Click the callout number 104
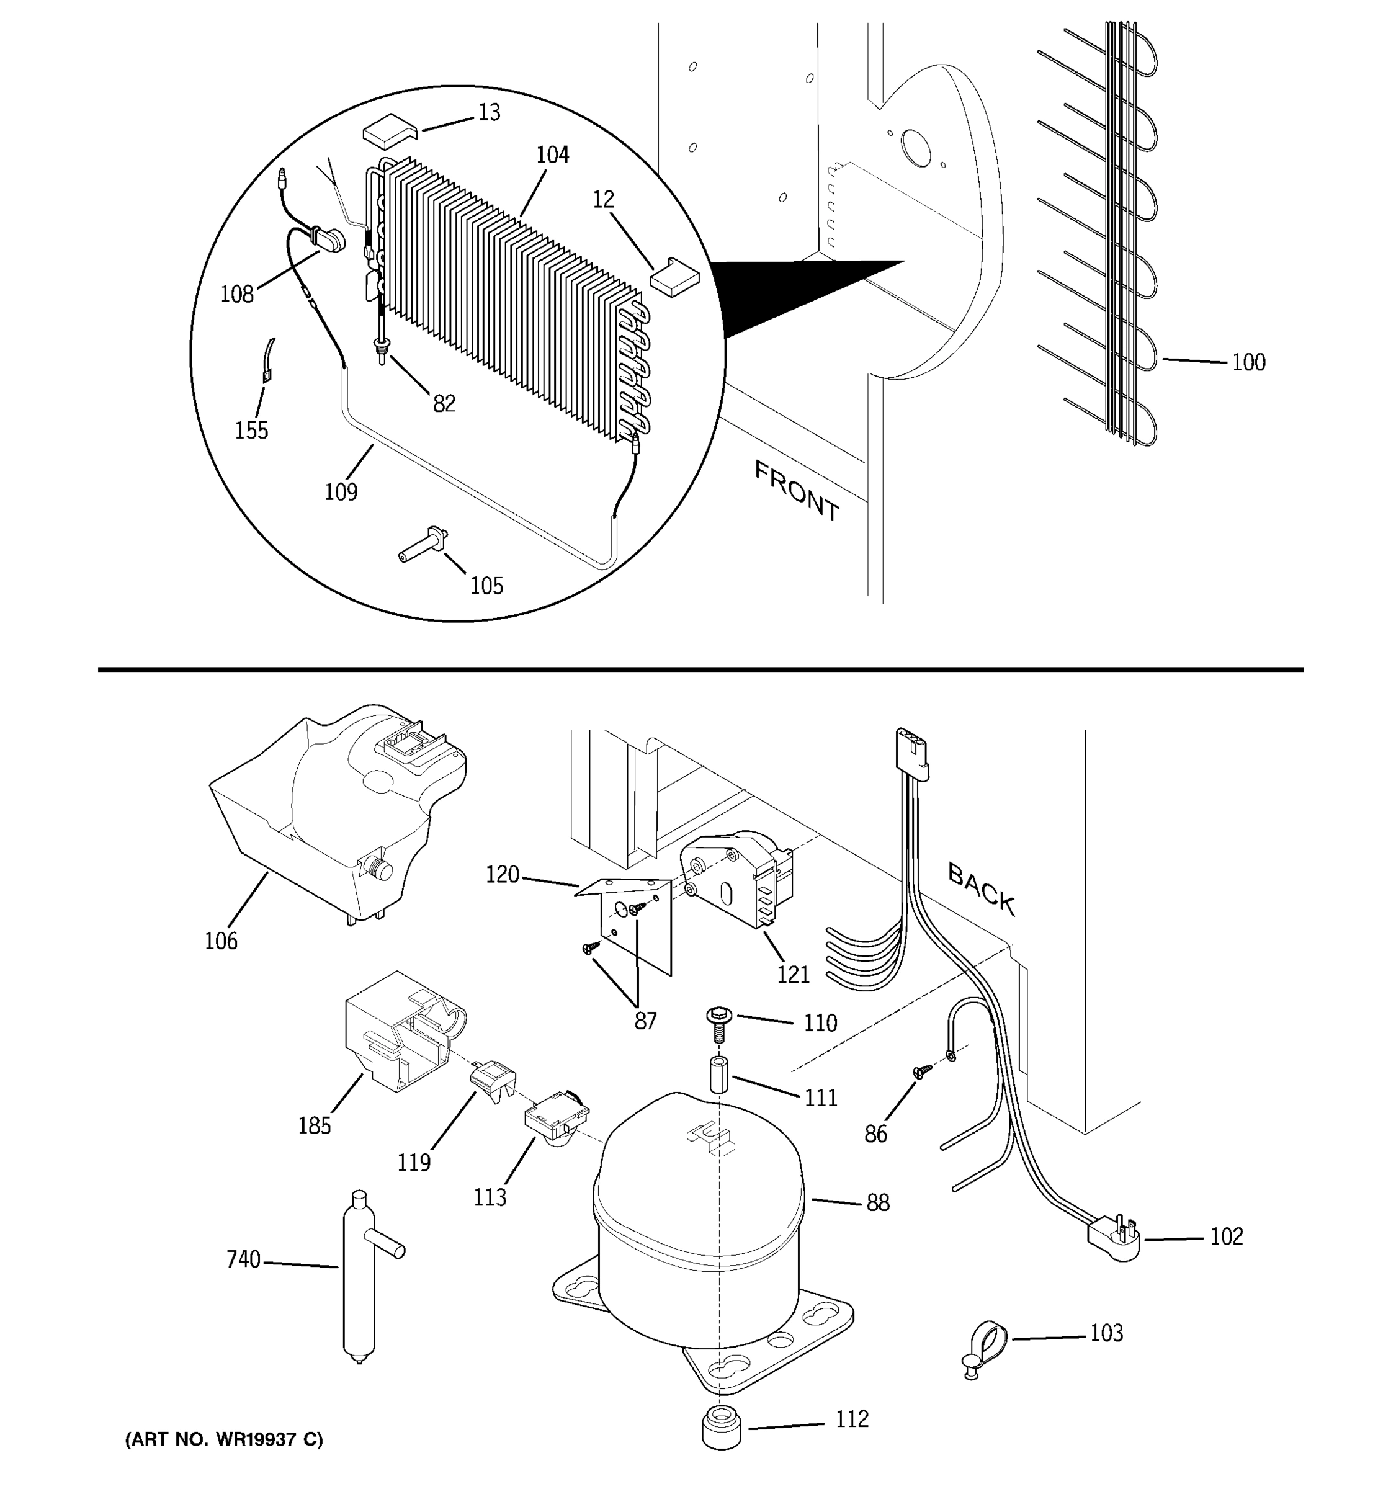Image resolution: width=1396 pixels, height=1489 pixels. pyautogui.click(x=552, y=155)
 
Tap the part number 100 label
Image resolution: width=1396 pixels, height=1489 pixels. pyautogui.click(x=1248, y=362)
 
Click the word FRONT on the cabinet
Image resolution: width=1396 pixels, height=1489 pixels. pyautogui.click(x=796, y=491)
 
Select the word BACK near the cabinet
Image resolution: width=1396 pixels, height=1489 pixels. pyautogui.click(x=981, y=888)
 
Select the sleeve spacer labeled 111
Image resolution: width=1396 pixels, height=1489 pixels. pyautogui.click(x=719, y=1075)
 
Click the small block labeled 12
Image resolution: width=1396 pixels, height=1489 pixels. pyautogui.click(x=673, y=275)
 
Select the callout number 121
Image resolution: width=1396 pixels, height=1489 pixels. pyautogui.click(x=792, y=975)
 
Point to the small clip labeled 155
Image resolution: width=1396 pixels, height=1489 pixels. pyautogui.click(x=267, y=362)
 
